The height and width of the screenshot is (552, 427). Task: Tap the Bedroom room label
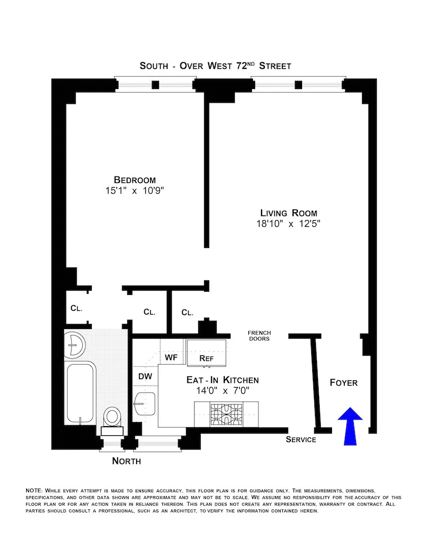point(135,180)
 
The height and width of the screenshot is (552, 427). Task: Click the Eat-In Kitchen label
point(223,380)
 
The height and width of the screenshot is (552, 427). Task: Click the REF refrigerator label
point(206,358)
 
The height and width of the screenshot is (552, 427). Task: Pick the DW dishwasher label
point(145,376)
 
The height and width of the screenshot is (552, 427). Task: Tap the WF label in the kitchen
point(171,356)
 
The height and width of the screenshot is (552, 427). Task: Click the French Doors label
point(259,335)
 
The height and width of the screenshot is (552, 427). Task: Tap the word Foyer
point(343,383)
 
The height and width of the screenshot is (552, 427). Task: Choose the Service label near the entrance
point(301,439)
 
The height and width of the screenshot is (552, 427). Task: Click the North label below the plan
point(126,461)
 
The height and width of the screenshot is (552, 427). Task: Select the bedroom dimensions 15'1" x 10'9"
point(135,190)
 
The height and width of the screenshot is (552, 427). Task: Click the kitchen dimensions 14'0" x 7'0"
point(223,390)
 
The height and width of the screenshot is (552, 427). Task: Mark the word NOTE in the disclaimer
point(35,490)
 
